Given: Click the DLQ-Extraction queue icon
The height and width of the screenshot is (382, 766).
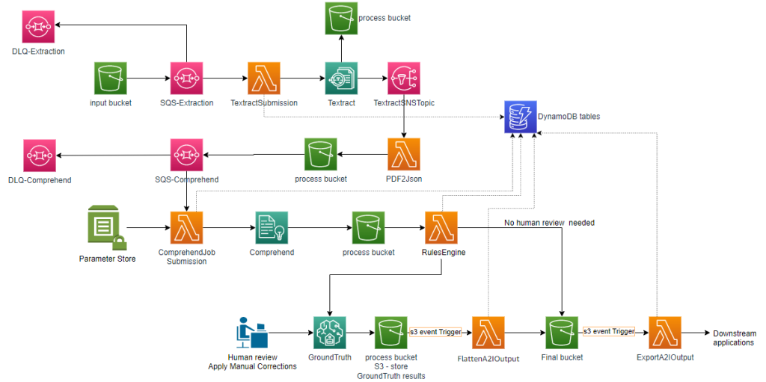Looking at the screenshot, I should [x=37, y=28].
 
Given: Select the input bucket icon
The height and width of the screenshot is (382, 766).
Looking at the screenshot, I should [x=111, y=78].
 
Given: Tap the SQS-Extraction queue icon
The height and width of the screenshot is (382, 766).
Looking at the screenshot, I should [x=187, y=78].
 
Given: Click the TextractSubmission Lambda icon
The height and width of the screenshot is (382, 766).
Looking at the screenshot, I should [x=264, y=78].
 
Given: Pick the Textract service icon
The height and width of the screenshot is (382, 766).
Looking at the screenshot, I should [x=342, y=78].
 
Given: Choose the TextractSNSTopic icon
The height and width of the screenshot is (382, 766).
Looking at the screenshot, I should [x=404, y=78].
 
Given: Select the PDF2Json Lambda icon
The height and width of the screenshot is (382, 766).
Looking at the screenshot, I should [x=404, y=154].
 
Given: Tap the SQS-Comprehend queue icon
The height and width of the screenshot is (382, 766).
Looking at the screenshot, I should [x=186, y=155].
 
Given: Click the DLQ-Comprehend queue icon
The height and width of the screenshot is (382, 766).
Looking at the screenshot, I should [x=39, y=155].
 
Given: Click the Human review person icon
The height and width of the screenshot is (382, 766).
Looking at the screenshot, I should [x=251, y=333].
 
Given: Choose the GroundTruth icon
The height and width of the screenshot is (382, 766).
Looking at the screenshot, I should [x=329, y=332].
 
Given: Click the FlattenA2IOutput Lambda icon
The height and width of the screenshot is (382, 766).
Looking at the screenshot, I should [x=488, y=332].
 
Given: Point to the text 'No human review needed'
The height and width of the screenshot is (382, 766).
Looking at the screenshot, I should [x=549, y=223].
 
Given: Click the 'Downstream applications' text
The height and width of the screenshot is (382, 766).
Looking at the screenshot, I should [x=734, y=338].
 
